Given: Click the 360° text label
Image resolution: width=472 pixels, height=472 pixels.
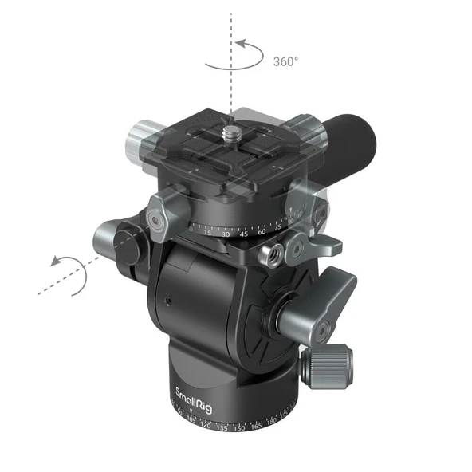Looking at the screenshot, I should [x=286, y=61].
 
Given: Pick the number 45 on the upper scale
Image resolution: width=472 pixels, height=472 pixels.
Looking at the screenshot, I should [x=245, y=234].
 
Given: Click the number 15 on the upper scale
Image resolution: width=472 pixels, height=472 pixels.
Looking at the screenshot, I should [x=207, y=234].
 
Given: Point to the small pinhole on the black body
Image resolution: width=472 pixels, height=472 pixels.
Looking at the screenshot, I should [x=167, y=301].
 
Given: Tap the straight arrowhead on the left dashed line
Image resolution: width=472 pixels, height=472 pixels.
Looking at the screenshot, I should [x=53, y=261].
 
